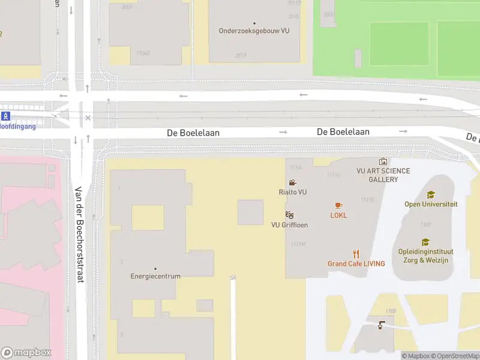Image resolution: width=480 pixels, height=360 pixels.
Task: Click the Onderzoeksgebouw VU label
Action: point(254,31)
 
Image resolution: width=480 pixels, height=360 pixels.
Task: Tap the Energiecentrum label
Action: point(155,277)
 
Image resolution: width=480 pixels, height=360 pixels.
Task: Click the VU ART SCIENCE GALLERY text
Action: point(383,175)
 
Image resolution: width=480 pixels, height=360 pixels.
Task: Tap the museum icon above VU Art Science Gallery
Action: point(383,161)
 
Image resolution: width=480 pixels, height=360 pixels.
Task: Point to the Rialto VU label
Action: point(293,192)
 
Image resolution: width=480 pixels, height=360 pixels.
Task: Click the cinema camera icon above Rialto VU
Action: point(292,183)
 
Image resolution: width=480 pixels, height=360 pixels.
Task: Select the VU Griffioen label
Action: point(290,225)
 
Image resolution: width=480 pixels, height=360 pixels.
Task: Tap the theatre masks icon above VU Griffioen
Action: point(289,215)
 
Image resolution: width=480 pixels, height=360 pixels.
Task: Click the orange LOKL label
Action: point(338,215)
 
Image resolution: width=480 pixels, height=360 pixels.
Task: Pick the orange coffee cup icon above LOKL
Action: point(338,206)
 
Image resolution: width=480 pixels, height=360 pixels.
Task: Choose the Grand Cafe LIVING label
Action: point(356,263)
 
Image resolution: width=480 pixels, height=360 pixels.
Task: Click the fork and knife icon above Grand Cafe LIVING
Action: point(356,253)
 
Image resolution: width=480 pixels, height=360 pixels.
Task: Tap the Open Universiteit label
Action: point(431,204)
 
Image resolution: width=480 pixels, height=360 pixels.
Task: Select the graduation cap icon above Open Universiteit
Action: point(430,194)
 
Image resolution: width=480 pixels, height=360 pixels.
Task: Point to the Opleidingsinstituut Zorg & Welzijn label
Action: point(425,256)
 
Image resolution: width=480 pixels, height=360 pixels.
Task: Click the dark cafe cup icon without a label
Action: point(381,325)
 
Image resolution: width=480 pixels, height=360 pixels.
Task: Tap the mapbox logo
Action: point(26,353)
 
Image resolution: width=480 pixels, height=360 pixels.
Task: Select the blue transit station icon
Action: point(5,116)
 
